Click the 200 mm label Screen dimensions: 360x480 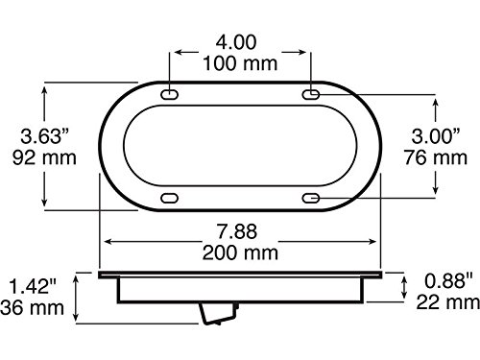(x=240, y=252)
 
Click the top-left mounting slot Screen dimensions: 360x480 (x=171, y=96)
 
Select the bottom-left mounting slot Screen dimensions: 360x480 (x=171, y=197)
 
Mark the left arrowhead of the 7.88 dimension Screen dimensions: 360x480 (x=106, y=242)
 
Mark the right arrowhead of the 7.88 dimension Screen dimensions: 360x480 (x=377, y=242)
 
